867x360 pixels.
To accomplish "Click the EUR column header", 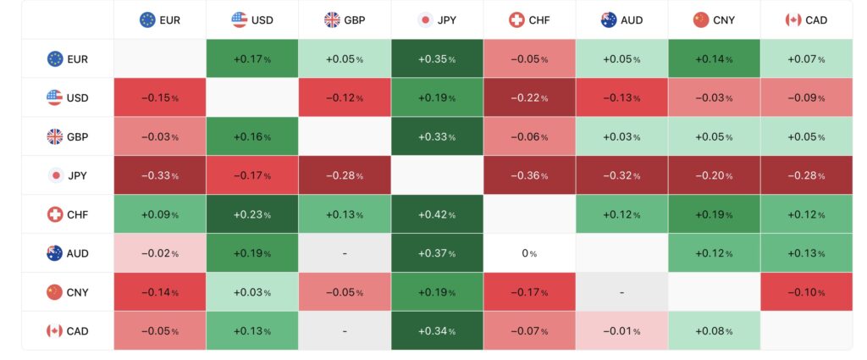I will coord(160,19).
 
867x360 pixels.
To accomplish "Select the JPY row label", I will coord(68,175).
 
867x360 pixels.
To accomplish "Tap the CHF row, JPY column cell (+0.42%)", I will coord(437,214).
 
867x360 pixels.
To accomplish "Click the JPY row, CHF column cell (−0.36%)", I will coord(529,175).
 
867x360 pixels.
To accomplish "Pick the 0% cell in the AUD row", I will coord(529,253).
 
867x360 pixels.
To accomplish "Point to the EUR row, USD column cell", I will coord(252,58).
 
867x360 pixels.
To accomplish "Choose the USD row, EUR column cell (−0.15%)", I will coord(160,97).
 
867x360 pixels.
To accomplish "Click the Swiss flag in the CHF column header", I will coord(516,19).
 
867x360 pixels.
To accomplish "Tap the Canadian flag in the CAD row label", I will coord(55,331).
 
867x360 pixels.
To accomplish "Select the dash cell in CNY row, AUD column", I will coord(621,292).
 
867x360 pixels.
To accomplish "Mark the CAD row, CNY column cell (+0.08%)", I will coord(714,331).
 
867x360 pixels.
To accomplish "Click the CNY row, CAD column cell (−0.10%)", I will coord(806,292).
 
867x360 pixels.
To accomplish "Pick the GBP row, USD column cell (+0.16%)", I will coord(252,136).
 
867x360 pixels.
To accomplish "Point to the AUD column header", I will coord(621,19).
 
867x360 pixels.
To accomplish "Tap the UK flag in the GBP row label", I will coord(55,136).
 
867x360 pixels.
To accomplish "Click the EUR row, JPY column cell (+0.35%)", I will coord(437,58).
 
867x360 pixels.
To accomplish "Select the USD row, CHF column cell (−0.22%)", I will coord(529,97).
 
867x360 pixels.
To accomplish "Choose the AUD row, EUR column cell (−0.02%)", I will coord(160,253).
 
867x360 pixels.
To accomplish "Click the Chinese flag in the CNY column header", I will coord(700,19).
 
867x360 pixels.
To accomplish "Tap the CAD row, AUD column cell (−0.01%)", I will coord(621,331).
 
